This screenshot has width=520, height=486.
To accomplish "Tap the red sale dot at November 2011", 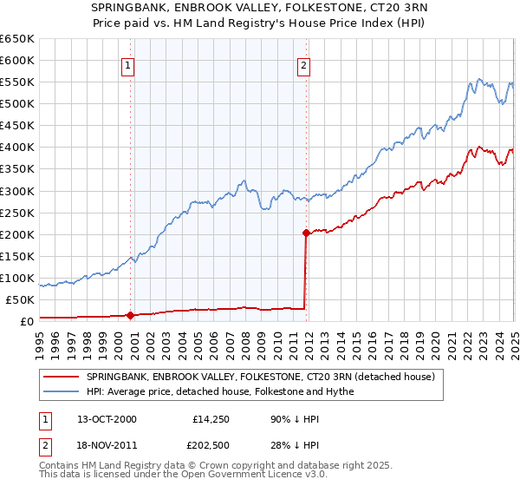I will click(306, 233).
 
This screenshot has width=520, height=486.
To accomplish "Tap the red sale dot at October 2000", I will click(131, 315).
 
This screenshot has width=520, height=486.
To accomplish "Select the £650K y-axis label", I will click(16, 39).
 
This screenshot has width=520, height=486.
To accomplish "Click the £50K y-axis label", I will click(20, 299).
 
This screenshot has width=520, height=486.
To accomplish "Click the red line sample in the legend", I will click(60, 377).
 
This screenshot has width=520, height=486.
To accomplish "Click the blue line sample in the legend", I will click(60, 391).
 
